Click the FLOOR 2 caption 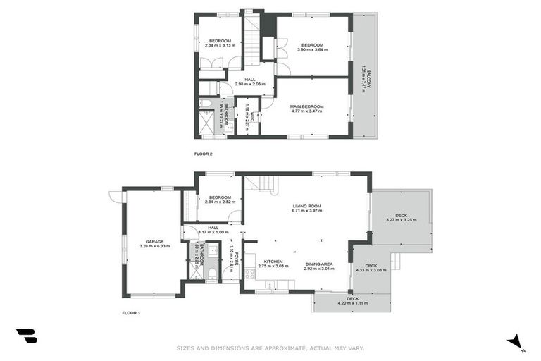pyautogui.click(x=203, y=153)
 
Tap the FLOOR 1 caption pyautogui.click(x=131, y=312)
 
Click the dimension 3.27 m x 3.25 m pyautogui.click(x=401, y=220)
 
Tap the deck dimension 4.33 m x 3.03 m pyautogui.click(x=371, y=270)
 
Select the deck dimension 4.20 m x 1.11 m pyautogui.click(x=353, y=303)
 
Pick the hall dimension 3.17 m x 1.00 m pyautogui.click(x=213, y=232)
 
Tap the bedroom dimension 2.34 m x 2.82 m pyautogui.click(x=219, y=202)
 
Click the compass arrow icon pyautogui.click(x=515, y=341)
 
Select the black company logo pyautogui.click(x=27, y=336)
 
